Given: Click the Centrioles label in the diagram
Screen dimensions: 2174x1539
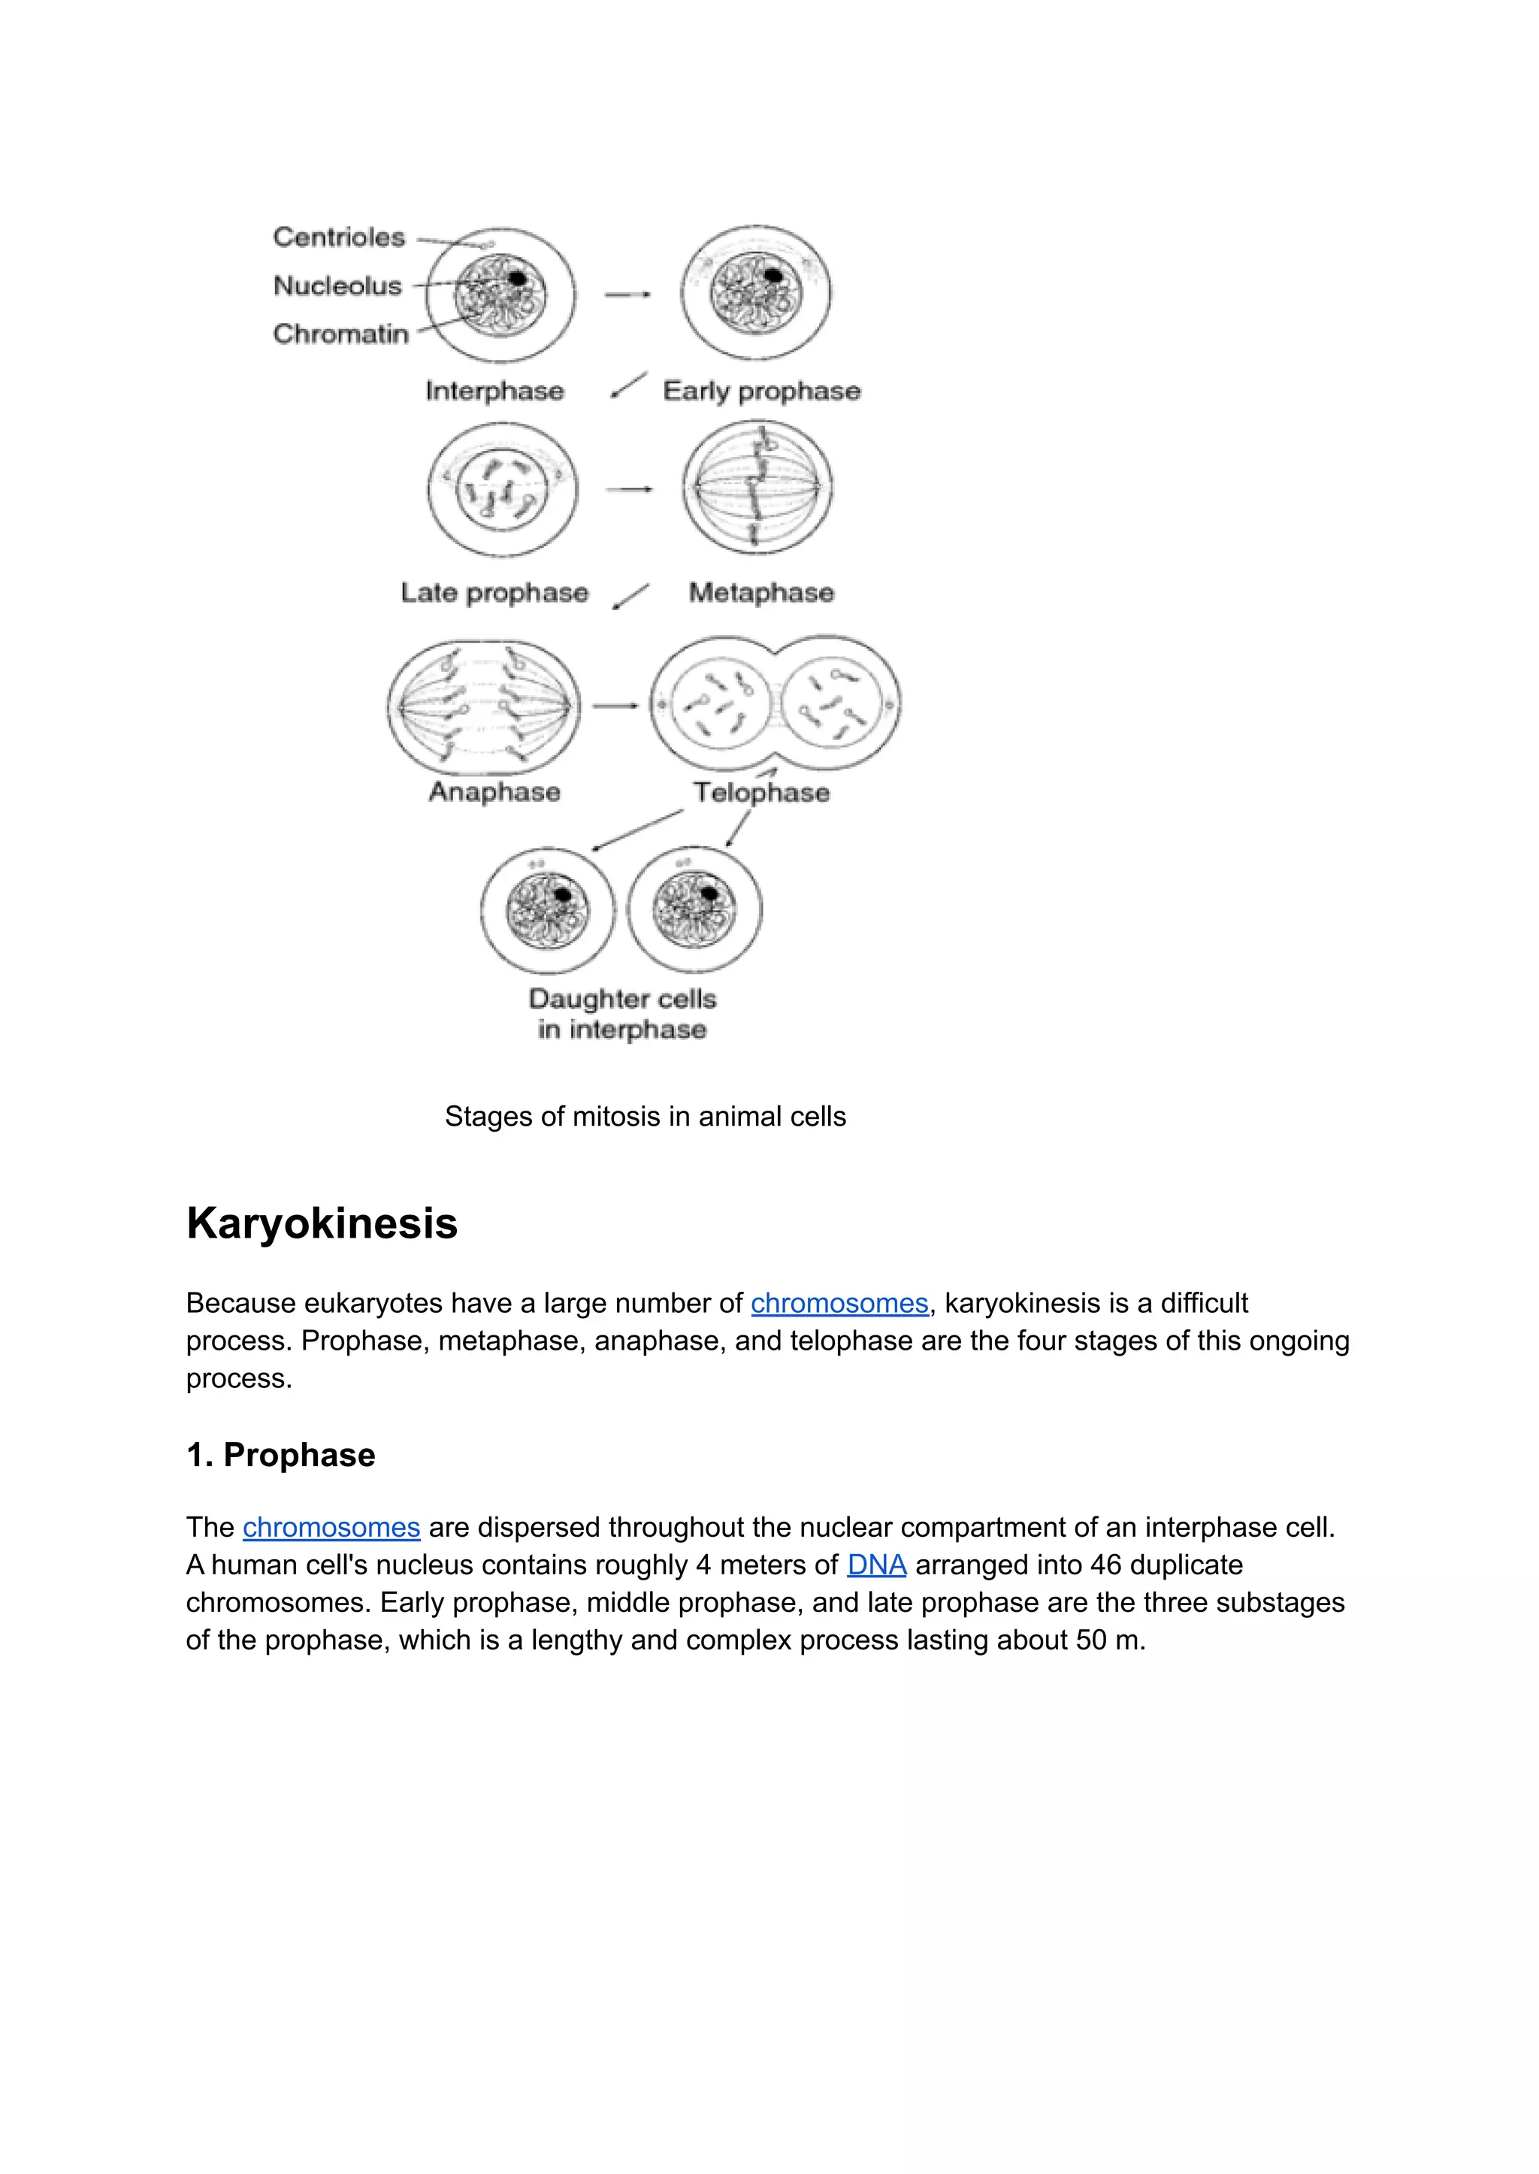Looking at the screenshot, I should [x=338, y=237].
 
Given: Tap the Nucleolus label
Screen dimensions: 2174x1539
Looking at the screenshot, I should [x=337, y=286].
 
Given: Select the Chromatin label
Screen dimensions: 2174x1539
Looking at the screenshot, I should [x=340, y=334].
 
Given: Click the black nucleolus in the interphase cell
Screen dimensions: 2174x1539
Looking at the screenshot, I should [x=518, y=278].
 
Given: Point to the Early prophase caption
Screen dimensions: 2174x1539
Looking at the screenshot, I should [x=761, y=391].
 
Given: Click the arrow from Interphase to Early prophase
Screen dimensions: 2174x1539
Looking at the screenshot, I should [x=627, y=295].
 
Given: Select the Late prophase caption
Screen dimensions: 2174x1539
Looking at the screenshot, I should [x=494, y=592].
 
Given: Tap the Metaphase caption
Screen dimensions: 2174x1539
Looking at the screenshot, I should [x=761, y=592].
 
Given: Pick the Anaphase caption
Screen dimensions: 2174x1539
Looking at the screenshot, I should [x=494, y=791].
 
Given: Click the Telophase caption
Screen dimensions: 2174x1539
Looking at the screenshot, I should [x=761, y=792].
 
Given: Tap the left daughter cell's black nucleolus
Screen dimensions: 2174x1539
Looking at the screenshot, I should [x=563, y=893].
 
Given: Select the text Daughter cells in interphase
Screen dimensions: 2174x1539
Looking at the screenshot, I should [x=621, y=1013].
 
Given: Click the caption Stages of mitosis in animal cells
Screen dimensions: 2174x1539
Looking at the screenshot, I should [x=645, y=1117].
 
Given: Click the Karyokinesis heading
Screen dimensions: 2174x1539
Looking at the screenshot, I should [x=322, y=1223].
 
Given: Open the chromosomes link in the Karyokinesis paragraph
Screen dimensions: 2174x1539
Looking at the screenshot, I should [x=839, y=1303].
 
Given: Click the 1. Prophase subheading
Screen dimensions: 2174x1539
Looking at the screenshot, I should [x=280, y=1455].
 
